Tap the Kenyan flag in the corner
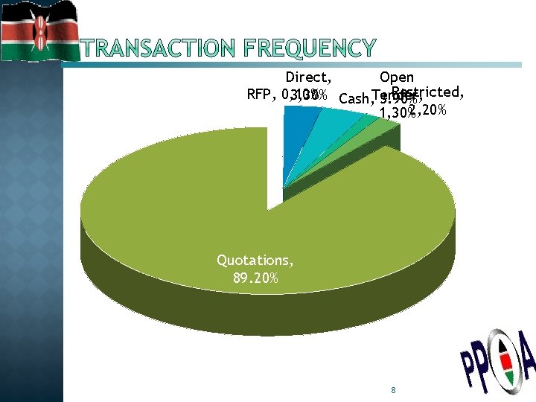point(39,31)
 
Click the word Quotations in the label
point(254,261)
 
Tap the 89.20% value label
point(254,278)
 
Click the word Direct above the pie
point(307,77)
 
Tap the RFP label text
point(260,95)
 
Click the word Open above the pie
point(396,77)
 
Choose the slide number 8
point(392,390)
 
